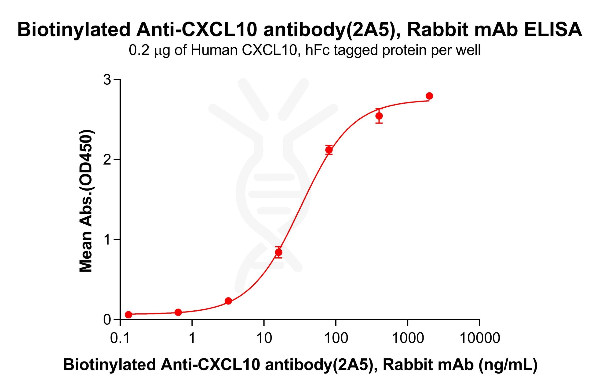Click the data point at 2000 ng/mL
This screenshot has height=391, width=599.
(x=429, y=96)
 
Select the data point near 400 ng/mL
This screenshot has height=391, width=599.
(x=379, y=116)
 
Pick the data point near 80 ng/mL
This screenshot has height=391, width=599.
(x=329, y=150)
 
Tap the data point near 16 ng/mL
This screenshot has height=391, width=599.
(x=278, y=252)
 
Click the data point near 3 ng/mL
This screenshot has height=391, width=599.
(x=228, y=301)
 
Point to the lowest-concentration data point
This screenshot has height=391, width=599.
(x=128, y=314)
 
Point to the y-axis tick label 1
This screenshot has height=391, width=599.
(x=108, y=240)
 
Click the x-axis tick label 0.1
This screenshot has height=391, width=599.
(x=120, y=338)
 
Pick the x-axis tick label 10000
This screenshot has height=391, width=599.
(x=479, y=338)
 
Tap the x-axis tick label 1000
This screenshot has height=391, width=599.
(x=408, y=338)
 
